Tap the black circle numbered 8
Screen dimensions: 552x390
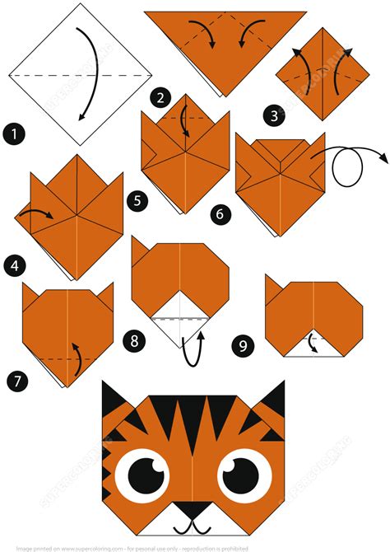tap(131, 339)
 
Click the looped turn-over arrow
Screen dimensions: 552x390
tap(349, 167)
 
